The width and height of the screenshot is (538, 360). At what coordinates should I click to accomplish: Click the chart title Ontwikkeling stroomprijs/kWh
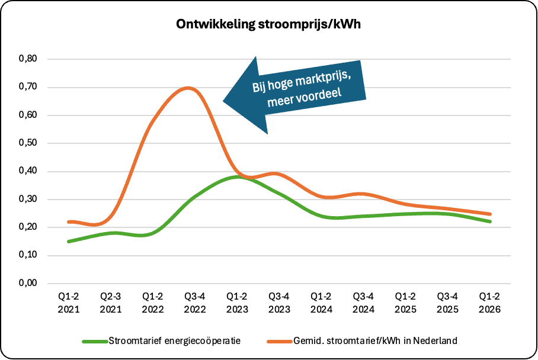coord(269,25)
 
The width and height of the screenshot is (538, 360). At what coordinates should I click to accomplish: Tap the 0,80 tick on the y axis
coord(28,59)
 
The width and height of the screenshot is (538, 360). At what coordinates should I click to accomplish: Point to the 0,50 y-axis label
coord(28,143)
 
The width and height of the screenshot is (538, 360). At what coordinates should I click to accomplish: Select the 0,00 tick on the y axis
coord(28,284)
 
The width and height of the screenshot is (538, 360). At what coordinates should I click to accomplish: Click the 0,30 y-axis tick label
coord(28,200)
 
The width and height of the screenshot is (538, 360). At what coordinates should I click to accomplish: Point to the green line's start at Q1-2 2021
coord(69,242)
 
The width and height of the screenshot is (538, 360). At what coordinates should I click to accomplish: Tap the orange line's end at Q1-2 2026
coord(491,214)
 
